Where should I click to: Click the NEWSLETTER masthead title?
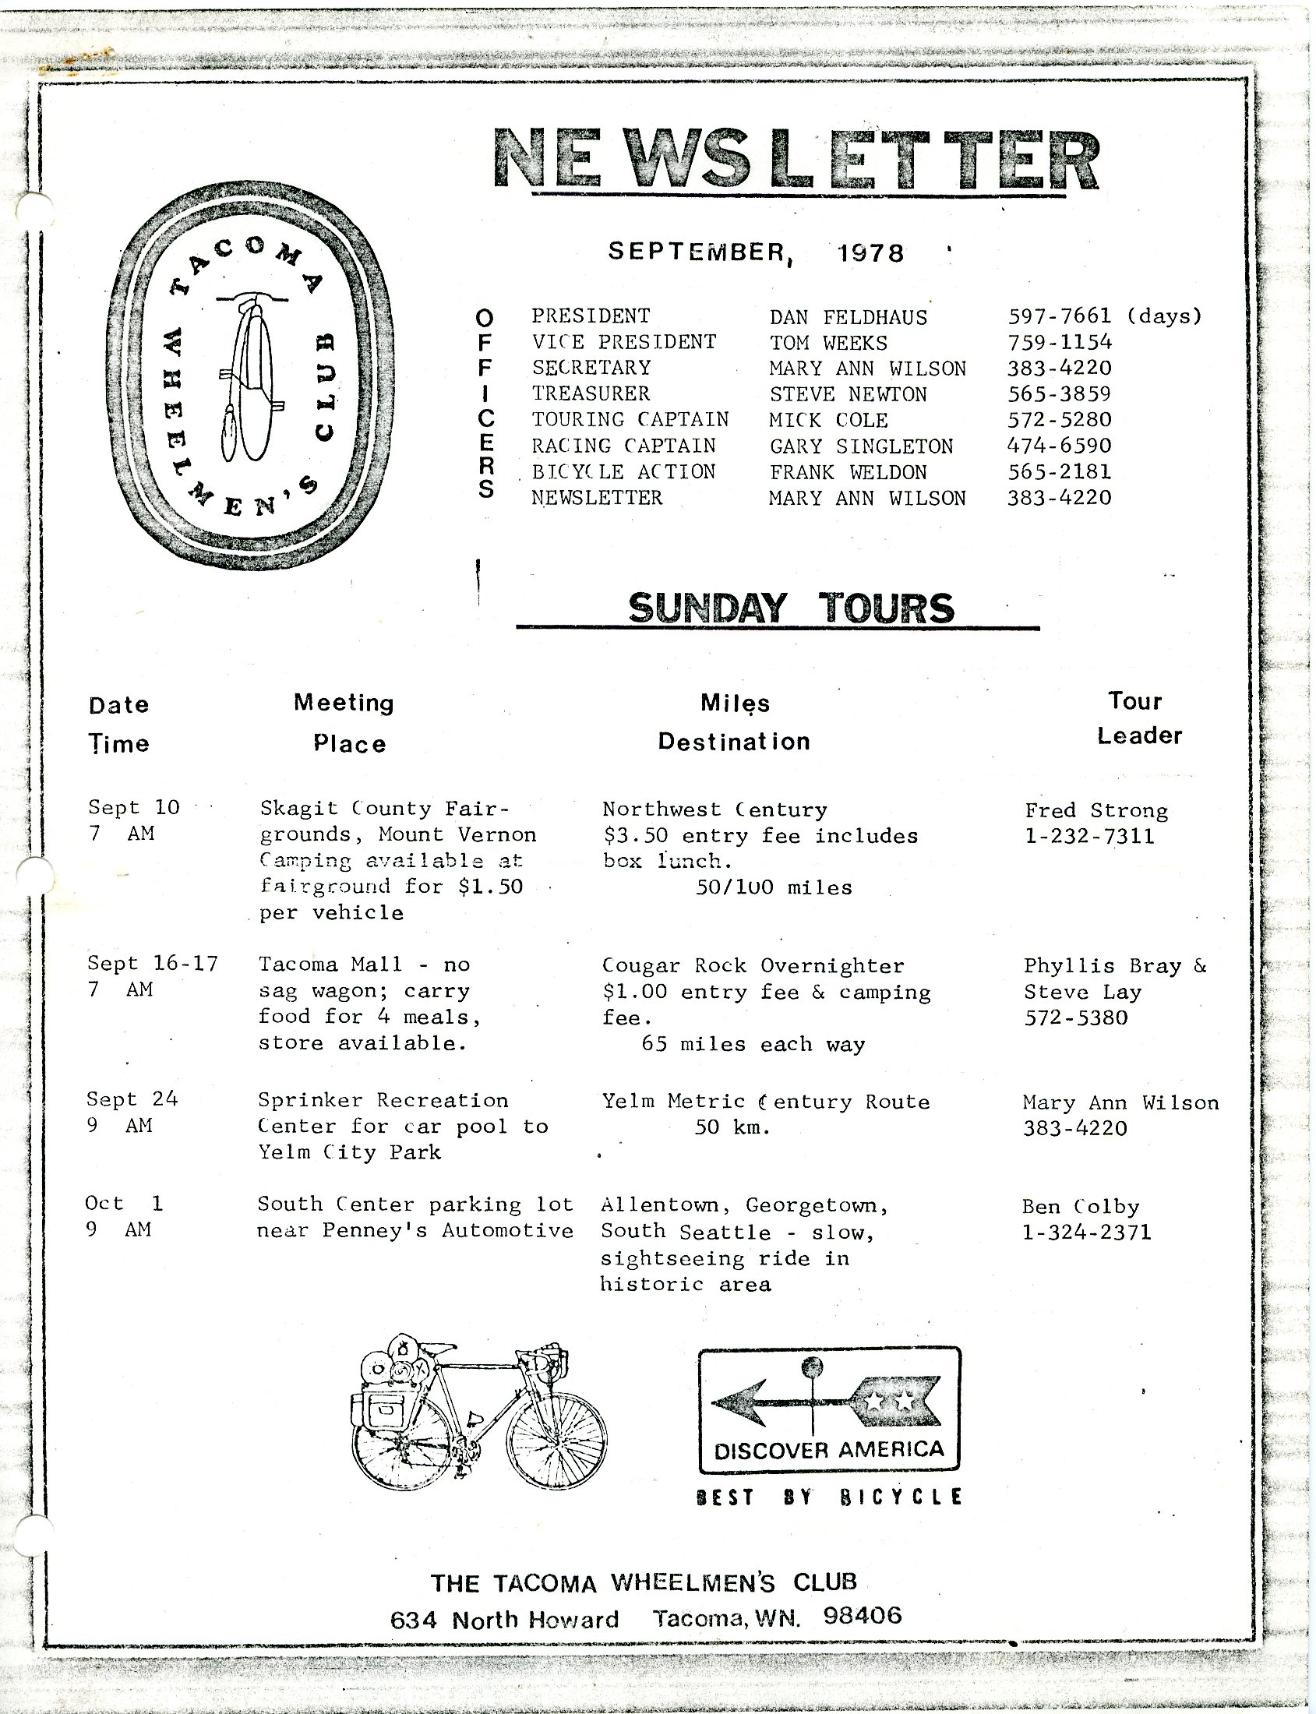(796, 160)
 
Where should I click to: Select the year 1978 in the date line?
(870, 253)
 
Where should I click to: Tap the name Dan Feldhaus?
(848, 317)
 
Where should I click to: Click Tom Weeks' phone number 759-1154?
(1059, 342)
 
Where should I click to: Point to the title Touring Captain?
(630, 420)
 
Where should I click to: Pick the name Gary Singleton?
(861, 446)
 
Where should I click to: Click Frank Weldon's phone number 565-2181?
(1059, 471)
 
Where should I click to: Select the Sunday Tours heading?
(791, 608)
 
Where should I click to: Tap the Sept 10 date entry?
(134, 808)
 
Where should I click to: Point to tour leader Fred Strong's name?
(1095, 811)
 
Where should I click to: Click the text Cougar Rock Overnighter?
(753, 966)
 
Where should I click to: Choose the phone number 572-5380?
(1075, 1018)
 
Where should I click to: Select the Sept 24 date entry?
(132, 1100)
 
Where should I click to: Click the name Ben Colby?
(1080, 1207)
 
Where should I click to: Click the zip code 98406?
(863, 1614)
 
